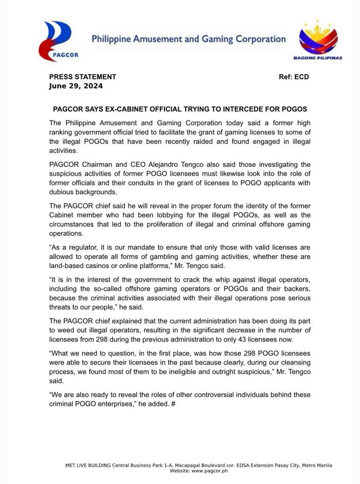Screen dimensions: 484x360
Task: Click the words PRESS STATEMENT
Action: click(83, 77)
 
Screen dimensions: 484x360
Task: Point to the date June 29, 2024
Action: click(76, 86)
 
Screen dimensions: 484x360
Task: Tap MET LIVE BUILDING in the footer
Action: click(87, 465)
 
